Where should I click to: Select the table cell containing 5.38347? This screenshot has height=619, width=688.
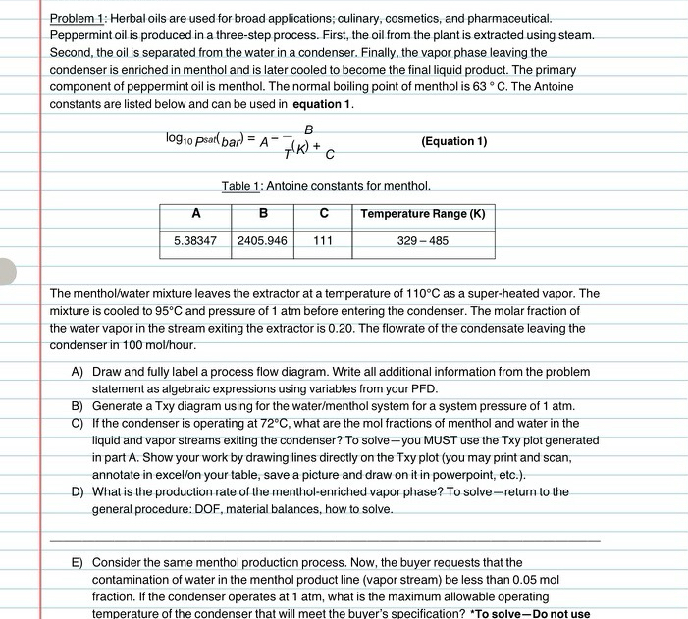tap(194, 240)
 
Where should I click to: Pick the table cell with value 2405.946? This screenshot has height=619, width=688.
tap(262, 240)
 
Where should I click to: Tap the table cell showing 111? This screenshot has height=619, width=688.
tap(323, 240)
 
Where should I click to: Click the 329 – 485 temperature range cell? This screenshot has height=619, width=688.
tap(422, 240)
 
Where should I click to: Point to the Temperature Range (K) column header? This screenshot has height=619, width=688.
tap(422, 214)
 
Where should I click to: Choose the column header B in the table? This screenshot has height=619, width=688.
tap(262, 214)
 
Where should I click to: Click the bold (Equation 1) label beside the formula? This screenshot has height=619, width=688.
tap(453, 141)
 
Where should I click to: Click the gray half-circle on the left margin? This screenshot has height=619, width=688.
tap(7, 272)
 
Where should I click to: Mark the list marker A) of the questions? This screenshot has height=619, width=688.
tap(77, 373)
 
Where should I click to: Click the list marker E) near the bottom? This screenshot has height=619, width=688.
tap(77, 563)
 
